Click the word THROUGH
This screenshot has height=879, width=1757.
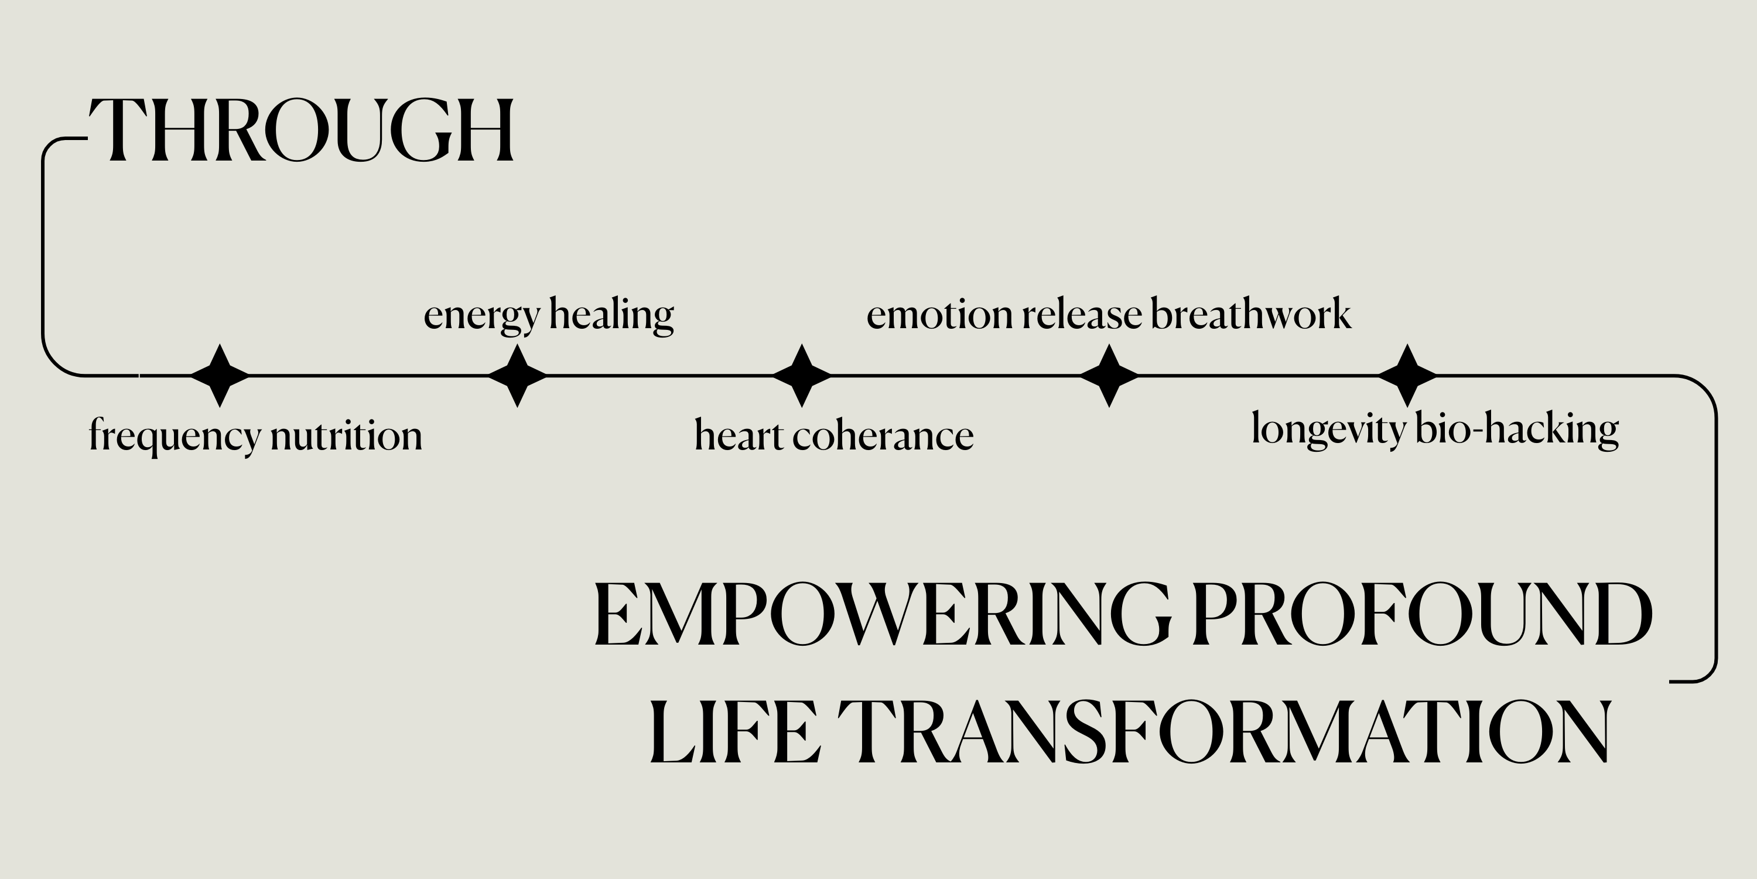tap(302, 130)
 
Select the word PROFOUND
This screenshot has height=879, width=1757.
tap(1422, 614)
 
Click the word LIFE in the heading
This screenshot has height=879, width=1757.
tap(734, 731)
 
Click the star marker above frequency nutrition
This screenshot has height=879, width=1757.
tap(220, 376)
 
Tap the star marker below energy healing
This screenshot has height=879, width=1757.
tap(518, 376)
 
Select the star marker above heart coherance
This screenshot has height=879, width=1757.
tap(802, 376)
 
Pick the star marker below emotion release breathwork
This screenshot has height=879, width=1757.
tap(1110, 376)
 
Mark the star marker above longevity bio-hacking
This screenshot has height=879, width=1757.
tap(1408, 376)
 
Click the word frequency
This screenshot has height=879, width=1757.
tap(175, 437)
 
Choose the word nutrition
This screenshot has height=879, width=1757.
tap(347, 435)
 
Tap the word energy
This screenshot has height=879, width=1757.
tap(482, 316)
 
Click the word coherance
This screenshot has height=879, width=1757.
tap(883, 435)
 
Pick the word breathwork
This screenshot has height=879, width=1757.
tap(1252, 314)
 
